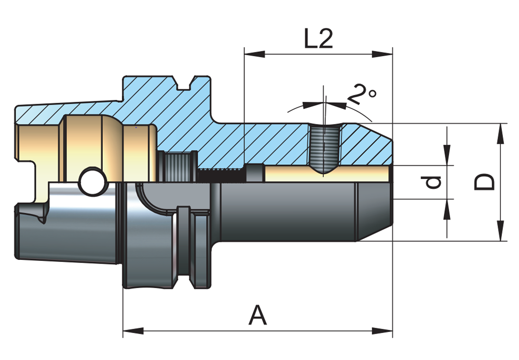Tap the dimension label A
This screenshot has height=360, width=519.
(x=257, y=315)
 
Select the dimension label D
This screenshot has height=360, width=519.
(x=485, y=183)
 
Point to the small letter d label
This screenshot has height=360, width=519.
(x=433, y=182)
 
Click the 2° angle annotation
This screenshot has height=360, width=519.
(x=362, y=95)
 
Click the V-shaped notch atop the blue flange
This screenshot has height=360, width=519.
(x=183, y=82)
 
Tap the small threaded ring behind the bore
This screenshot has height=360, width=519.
(x=176, y=166)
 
